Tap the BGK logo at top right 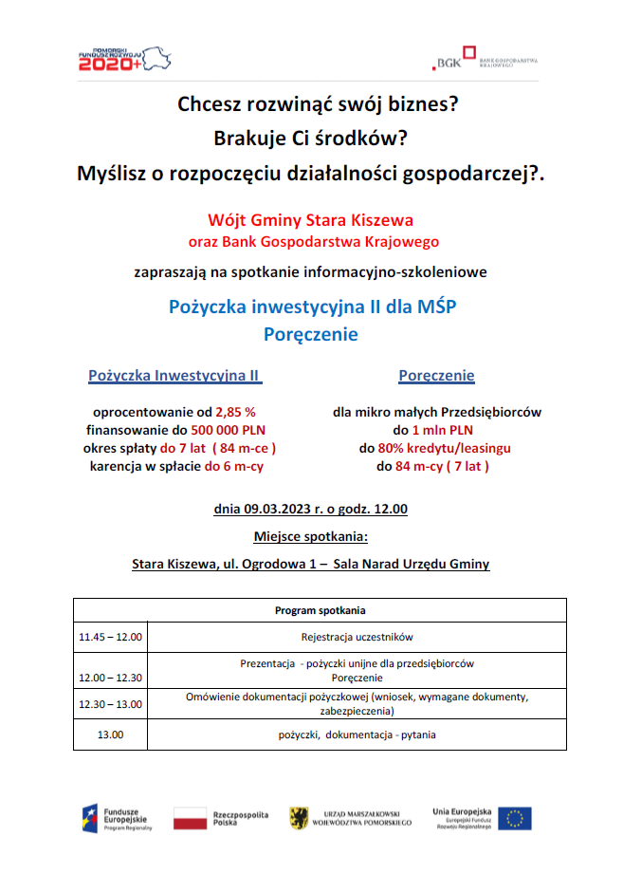tap(485, 60)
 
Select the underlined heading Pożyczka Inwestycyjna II tap(174, 376)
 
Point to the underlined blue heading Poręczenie tap(436, 376)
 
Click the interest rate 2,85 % tap(236, 412)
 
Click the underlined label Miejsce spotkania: tap(310, 535)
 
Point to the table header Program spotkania tap(320, 610)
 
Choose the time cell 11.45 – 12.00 tap(110, 637)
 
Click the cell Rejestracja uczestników tap(357, 637)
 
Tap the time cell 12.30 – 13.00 tap(110, 704)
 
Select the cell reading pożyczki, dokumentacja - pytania tap(357, 735)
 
